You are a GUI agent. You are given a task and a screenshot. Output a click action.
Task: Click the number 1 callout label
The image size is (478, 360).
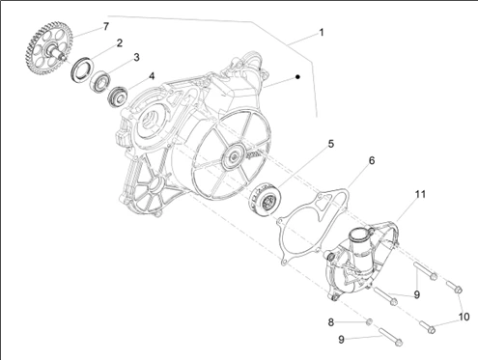pyautogui.click(x=321, y=33)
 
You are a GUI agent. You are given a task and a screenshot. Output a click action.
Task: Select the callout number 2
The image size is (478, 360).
pyautogui.click(x=120, y=42)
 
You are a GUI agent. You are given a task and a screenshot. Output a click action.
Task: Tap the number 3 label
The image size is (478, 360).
pyautogui.click(x=136, y=57)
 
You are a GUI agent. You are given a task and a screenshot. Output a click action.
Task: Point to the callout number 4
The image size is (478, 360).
pyautogui.click(x=152, y=76)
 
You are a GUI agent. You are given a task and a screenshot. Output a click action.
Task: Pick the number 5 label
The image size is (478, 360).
pyautogui.click(x=331, y=144)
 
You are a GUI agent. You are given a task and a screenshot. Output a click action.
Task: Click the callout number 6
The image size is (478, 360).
pyautogui.click(x=372, y=160)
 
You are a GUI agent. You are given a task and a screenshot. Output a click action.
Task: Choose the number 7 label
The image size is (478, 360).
pyautogui.click(x=106, y=26)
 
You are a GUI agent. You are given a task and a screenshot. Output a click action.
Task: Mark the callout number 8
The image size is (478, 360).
pyautogui.click(x=331, y=322)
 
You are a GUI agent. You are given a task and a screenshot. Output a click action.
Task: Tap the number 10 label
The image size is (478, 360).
pyautogui.click(x=464, y=317)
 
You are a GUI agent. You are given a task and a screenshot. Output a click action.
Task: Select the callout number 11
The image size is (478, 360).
pyautogui.click(x=420, y=194)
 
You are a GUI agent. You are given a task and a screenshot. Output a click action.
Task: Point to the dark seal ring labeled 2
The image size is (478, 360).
pyautogui.click(x=82, y=69)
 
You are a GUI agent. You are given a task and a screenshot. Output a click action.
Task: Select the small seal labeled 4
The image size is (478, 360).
pyautogui.click(x=118, y=96)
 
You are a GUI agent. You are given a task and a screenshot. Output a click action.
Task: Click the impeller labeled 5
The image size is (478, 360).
pyautogui.click(x=266, y=199)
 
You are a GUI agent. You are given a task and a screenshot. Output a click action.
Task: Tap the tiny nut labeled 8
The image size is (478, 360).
pyautogui.click(x=370, y=321)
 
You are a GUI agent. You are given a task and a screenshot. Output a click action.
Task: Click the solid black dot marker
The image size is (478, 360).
pyautogui.click(x=297, y=77)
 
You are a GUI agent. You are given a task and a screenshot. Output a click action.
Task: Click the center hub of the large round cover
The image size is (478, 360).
pyautogui.click(x=233, y=156)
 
